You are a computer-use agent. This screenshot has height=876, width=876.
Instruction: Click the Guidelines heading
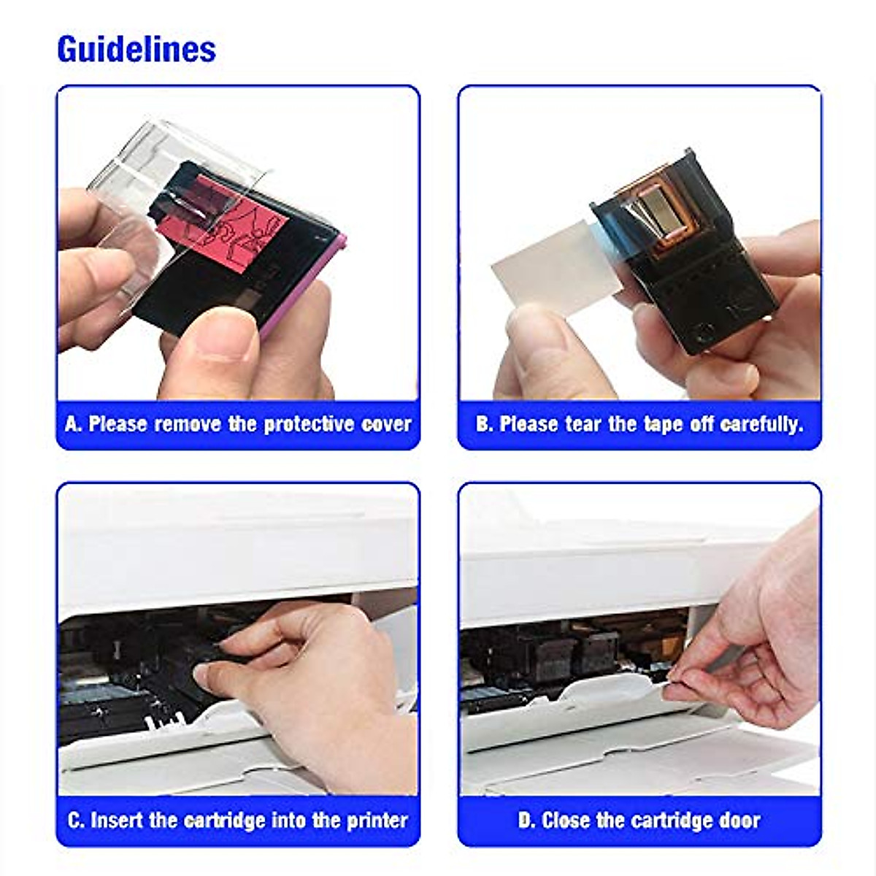pyautogui.click(x=137, y=49)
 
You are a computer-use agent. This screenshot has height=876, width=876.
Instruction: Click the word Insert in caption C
pyautogui.click(x=117, y=820)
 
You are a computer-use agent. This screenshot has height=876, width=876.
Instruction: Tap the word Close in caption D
pyautogui.click(x=566, y=820)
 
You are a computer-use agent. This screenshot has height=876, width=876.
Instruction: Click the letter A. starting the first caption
pyautogui.click(x=73, y=424)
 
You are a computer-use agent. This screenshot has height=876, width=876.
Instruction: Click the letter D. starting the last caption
pyautogui.click(x=527, y=820)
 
